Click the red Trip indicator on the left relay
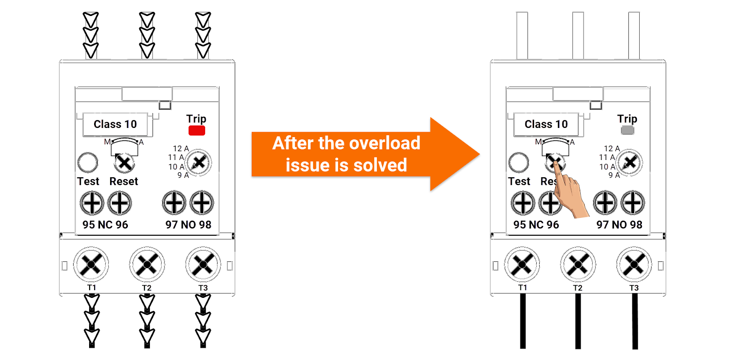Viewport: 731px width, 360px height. [x=196, y=130]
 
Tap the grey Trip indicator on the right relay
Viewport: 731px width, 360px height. [x=627, y=130]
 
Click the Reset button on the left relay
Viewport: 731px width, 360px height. [x=124, y=163]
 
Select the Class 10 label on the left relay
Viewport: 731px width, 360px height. [x=115, y=124]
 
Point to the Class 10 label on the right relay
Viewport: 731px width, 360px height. [x=546, y=124]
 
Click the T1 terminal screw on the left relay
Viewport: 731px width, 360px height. [x=91, y=264]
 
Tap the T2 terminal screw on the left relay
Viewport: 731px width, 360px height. [x=147, y=264]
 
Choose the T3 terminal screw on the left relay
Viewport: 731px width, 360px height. [x=203, y=264]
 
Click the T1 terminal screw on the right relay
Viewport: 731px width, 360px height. [x=522, y=264]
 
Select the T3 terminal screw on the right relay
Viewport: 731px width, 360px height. [x=634, y=264]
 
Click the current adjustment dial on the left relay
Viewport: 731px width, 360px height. [x=199, y=162]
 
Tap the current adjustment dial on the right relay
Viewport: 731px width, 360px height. [x=630, y=162]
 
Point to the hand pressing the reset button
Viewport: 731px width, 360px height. [x=569, y=192]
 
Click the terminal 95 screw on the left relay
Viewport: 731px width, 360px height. [x=92, y=203]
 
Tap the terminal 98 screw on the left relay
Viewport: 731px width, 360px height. [x=201, y=203]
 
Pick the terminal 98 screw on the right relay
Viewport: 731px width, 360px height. [x=632, y=203]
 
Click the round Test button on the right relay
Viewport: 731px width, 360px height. [x=519, y=162]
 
